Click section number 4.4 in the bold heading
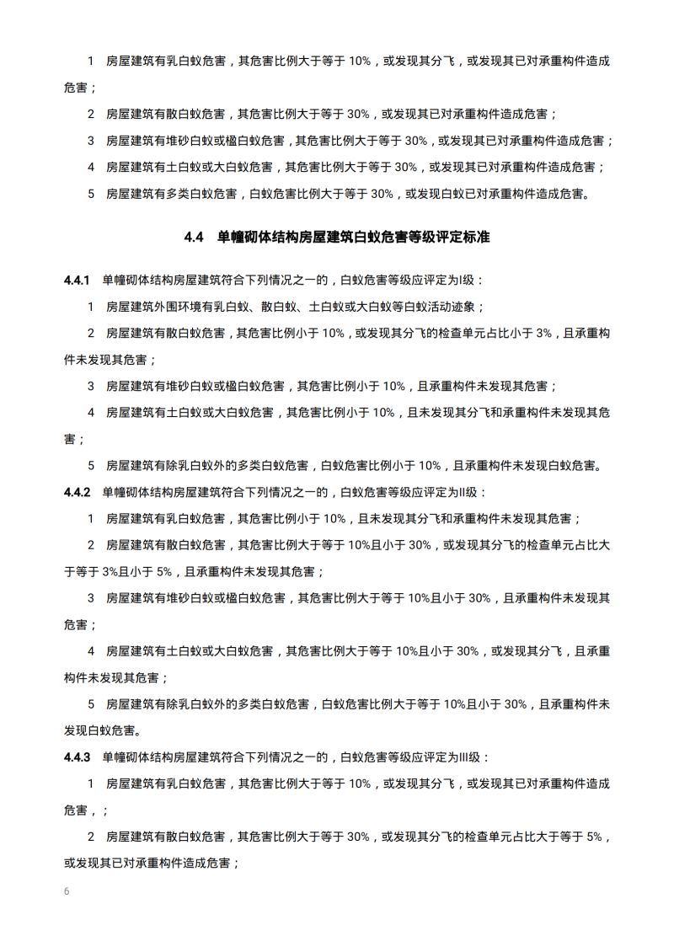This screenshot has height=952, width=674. click(194, 238)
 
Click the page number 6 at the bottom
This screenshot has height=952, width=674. click(67, 890)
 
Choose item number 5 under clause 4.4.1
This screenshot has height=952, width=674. click(91, 465)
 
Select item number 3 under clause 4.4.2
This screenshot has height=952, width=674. click(91, 598)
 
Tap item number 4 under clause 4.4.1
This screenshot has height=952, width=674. click(91, 413)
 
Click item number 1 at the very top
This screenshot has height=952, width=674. click(91, 61)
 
